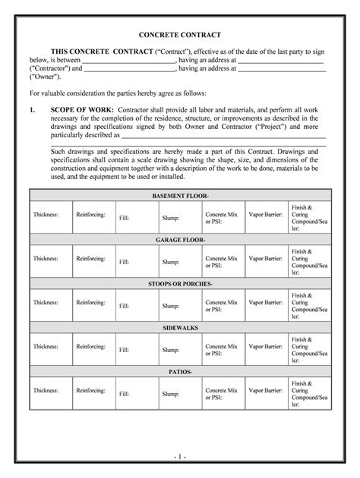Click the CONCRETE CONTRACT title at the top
pyautogui.click(x=179, y=35)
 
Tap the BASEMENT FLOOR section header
pyautogui.click(x=179, y=196)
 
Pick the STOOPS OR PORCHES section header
pyautogui.click(x=179, y=283)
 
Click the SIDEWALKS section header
pyautogui.click(x=179, y=327)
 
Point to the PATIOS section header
pyautogui.click(x=179, y=372)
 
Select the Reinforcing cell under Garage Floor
pyautogui.click(x=92, y=259)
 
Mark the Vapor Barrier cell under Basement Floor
pyautogui.click(x=265, y=215)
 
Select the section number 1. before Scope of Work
pyautogui.click(x=33, y=109)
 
